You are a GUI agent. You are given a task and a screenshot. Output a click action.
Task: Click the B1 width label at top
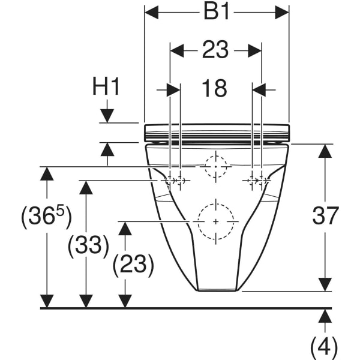[x=217, y=13]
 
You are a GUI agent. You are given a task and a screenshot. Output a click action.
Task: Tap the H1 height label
[x=106, y=87]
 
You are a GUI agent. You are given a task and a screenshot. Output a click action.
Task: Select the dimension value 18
[x=215, y=89]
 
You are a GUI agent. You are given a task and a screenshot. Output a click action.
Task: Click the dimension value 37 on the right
[x=325, y=215]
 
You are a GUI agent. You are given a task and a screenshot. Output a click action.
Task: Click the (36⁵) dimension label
[x=46, y=217]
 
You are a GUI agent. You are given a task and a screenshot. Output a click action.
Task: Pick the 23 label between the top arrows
[x=215, y=51]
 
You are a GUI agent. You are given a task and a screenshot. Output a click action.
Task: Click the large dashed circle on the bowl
[x=216, y=221]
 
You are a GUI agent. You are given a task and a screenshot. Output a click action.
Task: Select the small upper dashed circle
[x=216, y=166]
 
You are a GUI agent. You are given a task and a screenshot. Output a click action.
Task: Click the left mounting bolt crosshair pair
[x=175, y=180]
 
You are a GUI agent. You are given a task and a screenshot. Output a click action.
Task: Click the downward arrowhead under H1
[x=107, y=115]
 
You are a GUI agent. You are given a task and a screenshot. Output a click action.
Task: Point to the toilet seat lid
[x=217, y=131]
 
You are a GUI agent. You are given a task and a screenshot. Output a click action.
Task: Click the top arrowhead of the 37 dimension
[x=325, y=151]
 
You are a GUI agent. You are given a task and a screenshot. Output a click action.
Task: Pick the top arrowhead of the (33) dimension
[x=87, y=188]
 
